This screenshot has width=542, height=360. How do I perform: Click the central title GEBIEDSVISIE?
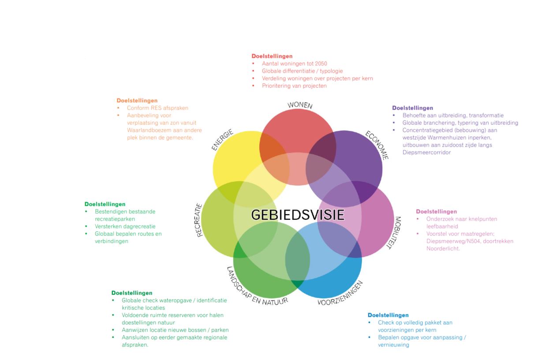[x=298, y=215]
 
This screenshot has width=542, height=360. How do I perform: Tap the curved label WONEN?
[x=300, y=105]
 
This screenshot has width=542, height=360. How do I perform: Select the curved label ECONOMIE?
[x=377, y=145]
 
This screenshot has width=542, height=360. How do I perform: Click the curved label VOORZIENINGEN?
[x=340, y=293]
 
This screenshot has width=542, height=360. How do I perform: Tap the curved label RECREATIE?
[x=198, y=220]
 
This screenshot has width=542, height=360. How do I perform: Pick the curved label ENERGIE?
[x=222, y=140]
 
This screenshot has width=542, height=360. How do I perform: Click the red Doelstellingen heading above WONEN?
[x=272, y=56]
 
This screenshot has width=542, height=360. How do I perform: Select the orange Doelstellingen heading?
[x=137, y=100]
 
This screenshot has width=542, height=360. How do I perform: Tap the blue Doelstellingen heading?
[x=388, y=315]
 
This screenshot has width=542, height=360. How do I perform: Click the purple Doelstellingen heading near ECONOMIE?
[x=412, y=108]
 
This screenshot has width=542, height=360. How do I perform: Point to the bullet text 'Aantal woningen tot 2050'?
[x=295, y=63]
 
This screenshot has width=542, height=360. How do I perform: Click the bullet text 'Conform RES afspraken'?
[x=157, y=108]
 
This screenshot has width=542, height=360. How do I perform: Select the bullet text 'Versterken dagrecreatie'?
[x=125, y=226]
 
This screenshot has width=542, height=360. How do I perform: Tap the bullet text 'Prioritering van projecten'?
[x=294, y=86]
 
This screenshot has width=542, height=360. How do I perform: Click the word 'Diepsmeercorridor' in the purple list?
[x=426, y=152]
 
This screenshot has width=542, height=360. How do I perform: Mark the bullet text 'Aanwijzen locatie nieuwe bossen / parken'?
[x=175, y=330]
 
